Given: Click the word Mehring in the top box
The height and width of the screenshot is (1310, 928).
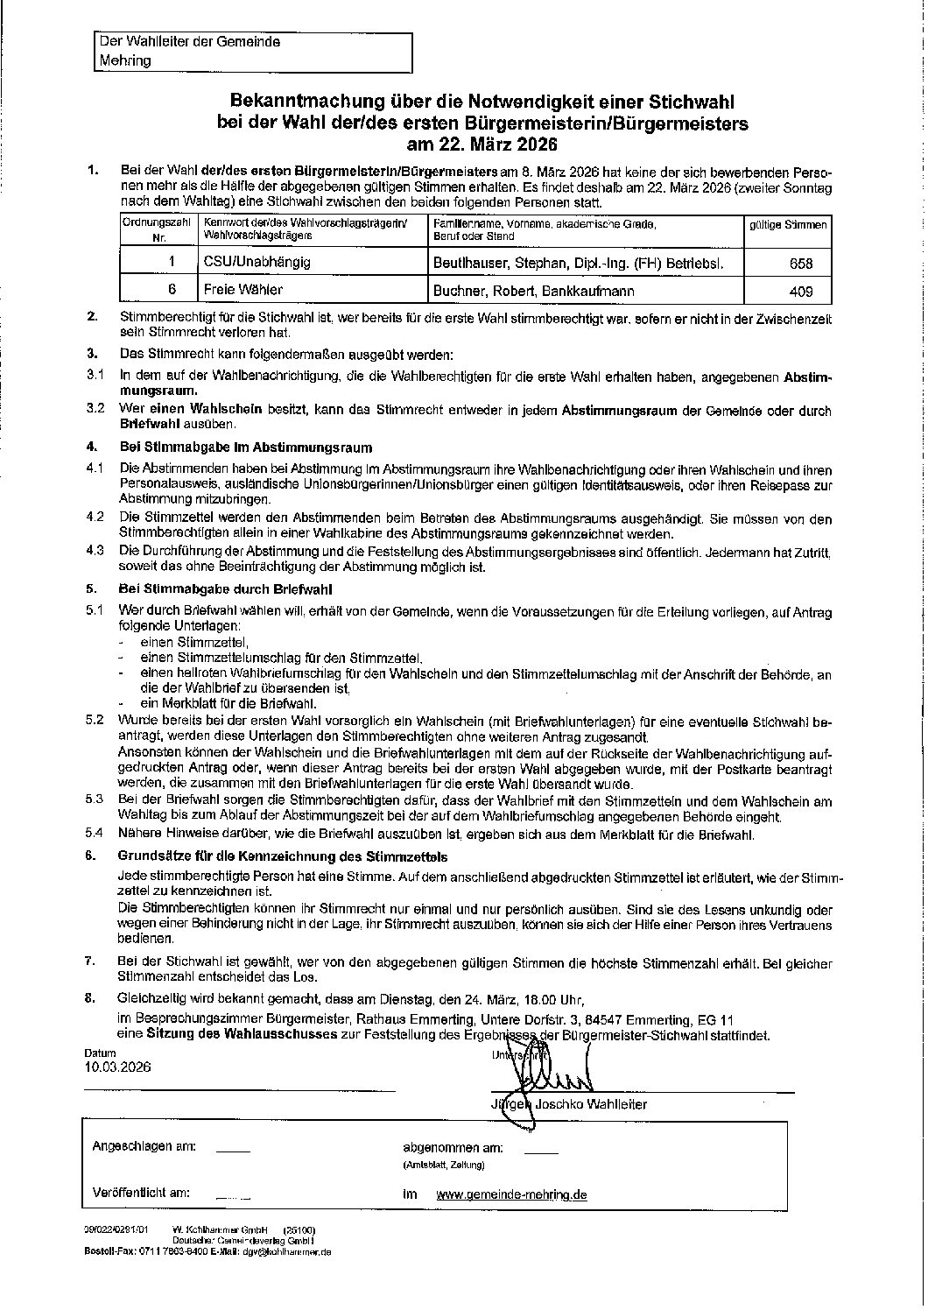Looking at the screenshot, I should [x=125, y=60].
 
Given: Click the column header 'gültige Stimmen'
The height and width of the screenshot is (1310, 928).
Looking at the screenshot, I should [x=787, y=225].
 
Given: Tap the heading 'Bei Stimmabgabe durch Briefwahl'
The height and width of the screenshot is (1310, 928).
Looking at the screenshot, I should [x=225, y=589].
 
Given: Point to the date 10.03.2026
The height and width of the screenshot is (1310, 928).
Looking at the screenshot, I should [x=118, y=1067].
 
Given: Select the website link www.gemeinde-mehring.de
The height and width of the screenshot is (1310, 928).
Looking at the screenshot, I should [x=511, y=1194].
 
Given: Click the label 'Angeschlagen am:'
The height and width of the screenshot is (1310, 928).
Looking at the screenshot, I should [x=144, y=1146].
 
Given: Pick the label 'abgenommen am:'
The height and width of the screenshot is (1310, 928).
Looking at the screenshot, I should [x=452, y=1147].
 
